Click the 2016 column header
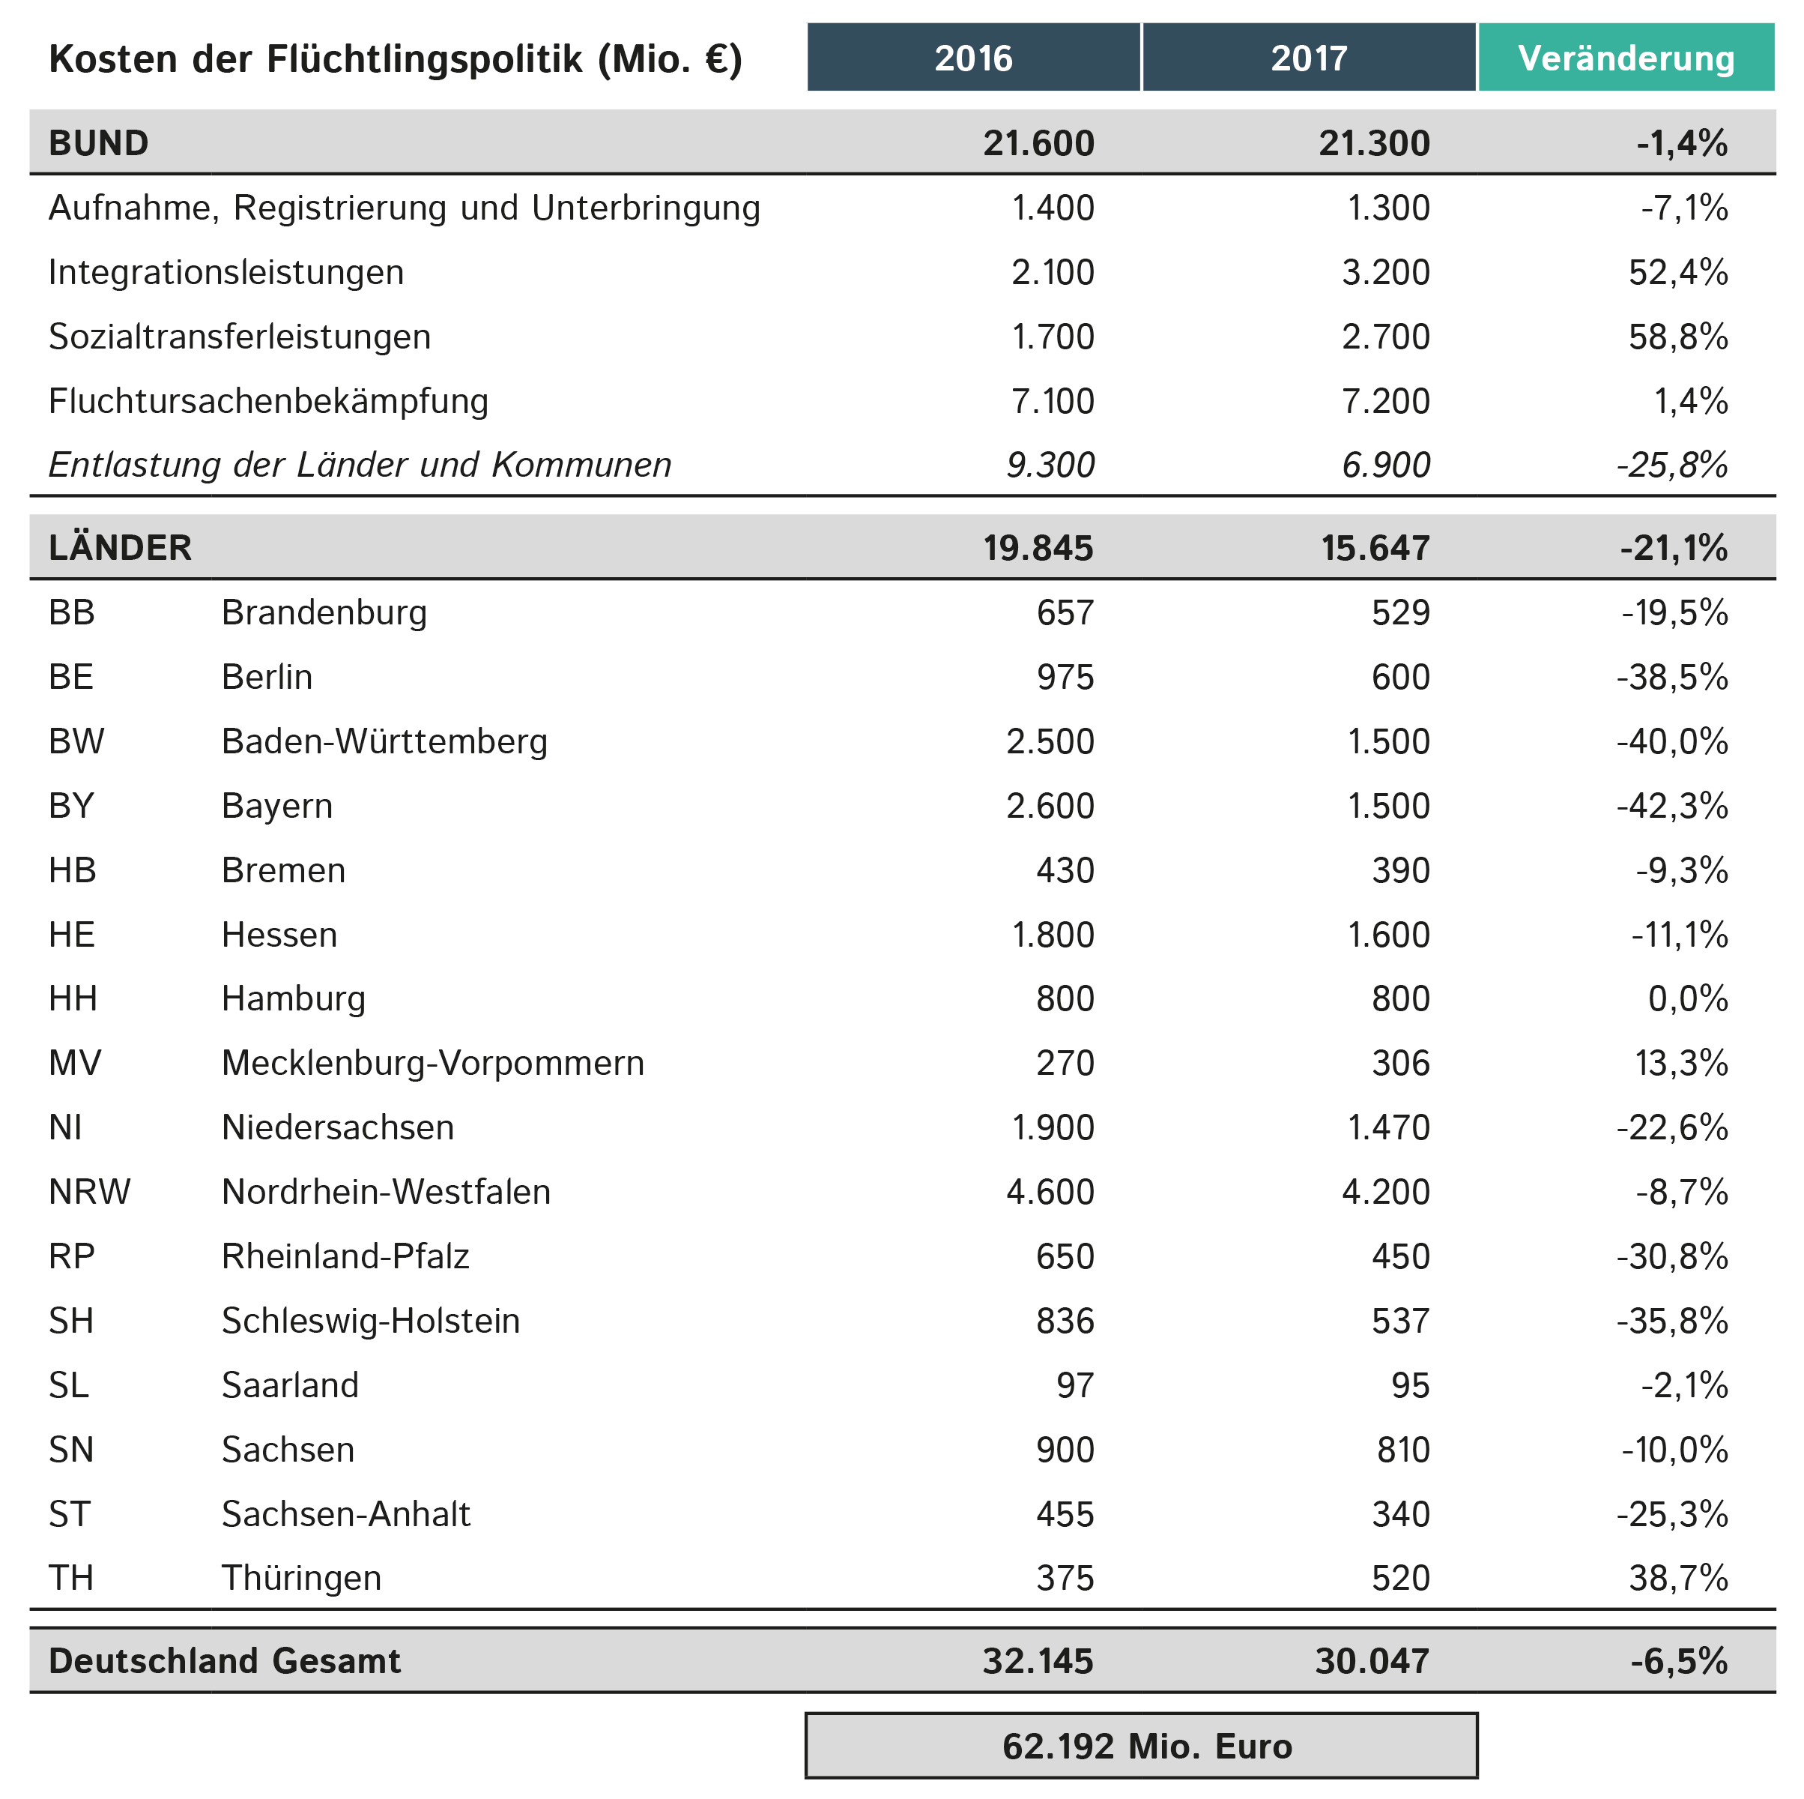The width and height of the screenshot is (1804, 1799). [973, 58]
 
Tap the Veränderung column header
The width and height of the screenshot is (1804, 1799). [1626, 58]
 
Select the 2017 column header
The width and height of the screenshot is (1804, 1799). [1308, 58]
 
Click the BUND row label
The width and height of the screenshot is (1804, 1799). [98, 143]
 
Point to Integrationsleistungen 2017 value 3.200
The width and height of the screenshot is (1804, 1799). [1386, 272]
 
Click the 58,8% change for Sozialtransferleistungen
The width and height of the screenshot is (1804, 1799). [1678, 337]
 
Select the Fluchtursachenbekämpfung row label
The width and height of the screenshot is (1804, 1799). [268, 401]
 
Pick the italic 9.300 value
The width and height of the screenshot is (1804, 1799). [1050, 464]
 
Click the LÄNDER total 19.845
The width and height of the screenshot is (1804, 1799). [1038, 547]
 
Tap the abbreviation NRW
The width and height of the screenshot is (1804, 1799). [90, 1192]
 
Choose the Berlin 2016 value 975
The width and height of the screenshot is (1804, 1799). [1065, 676]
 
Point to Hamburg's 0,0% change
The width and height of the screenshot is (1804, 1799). [1687, 998]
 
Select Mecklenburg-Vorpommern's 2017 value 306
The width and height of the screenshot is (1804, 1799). [1401, 1063]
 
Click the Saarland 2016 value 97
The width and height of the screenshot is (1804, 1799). [1075, 1384]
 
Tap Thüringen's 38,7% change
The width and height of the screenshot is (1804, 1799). [1678, 1578]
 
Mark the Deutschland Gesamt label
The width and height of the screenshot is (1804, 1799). [224, 1661]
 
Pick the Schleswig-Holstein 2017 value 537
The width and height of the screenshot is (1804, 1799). [1401, 1321]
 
